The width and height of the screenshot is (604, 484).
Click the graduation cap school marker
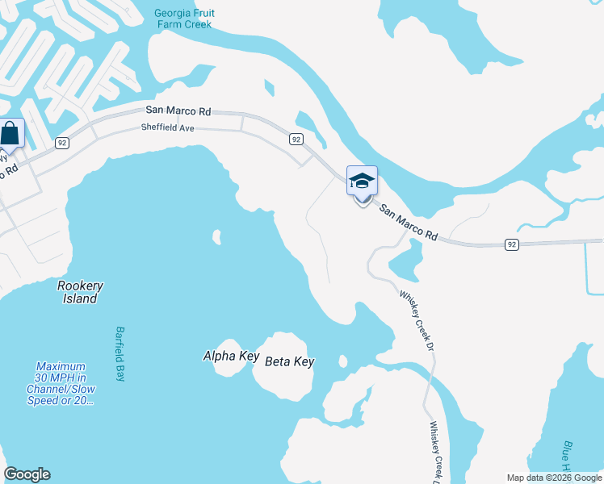[x=362, y=181]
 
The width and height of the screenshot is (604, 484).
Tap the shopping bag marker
[x=10, y=133]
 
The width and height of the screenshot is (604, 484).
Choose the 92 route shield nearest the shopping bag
[x=61, y=142]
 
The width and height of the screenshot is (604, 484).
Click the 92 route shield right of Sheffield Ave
[x=296, y=140]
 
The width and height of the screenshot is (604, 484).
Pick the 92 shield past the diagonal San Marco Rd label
[x=510, y=243]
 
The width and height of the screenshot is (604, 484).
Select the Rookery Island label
[x=81, y=292]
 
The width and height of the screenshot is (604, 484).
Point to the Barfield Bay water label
[x=120, y=354]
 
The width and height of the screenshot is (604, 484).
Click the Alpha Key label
[x=225, y=356]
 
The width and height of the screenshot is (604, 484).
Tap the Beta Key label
[x=289, y=362]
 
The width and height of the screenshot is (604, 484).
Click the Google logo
[x=27, y=474]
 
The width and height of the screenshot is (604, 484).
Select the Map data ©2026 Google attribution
[x=554, y=478]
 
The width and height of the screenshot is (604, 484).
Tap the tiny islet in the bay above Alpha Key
[x=216, y=237]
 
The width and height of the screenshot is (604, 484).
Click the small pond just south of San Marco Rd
[x=406, y=261]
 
